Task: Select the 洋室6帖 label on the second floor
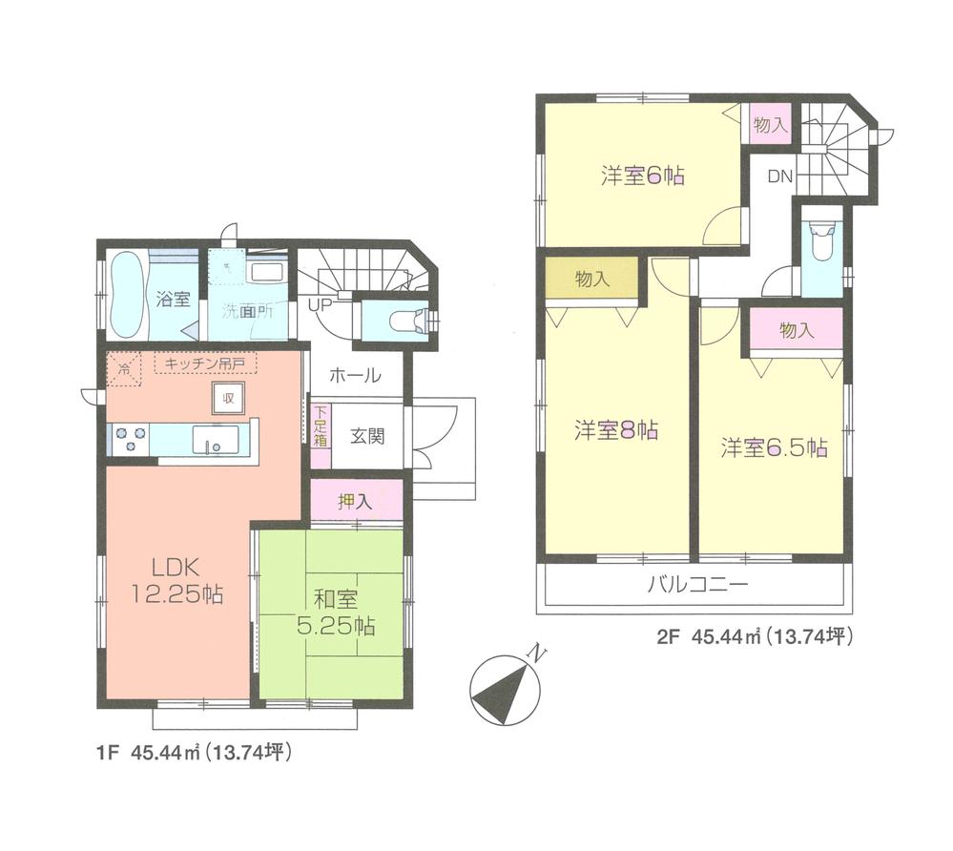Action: pyautogui.click(x=642, y=176)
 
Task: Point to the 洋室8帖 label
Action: pyautogui.click(x=615, y=429)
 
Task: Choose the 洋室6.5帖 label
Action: pyautogui.click(x=773, y=447)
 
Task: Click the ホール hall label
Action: pyautogui.click(x=355, y=376)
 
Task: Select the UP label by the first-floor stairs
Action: pyautogui.click(x=320, y=306)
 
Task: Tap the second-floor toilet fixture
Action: pyautogui.click(x=821, y=242)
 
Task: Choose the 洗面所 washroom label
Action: pyautogui.click(x=248, y=311)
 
